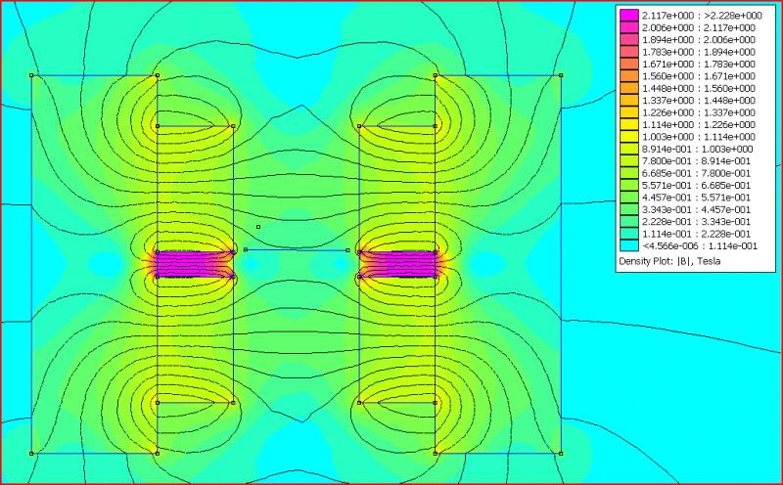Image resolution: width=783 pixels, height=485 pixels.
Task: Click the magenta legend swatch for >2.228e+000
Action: coord(628,16)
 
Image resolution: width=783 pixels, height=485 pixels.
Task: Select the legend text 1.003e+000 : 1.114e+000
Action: coord(698,137)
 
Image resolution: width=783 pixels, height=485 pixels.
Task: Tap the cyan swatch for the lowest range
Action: coord(628,245)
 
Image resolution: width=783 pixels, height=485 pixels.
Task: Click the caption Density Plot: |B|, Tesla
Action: coord(669,261)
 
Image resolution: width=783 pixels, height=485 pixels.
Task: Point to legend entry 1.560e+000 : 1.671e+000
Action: coord(698,76)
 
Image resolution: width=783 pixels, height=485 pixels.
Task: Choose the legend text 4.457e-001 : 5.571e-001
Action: coord(696,198)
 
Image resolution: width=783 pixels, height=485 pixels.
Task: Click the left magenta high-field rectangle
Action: coord(195,264)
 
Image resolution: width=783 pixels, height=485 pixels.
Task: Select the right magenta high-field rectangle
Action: coord(397,264)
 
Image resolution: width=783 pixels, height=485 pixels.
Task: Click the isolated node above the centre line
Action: coord(258,227)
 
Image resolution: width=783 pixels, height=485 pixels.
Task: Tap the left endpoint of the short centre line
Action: coord(246,249)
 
